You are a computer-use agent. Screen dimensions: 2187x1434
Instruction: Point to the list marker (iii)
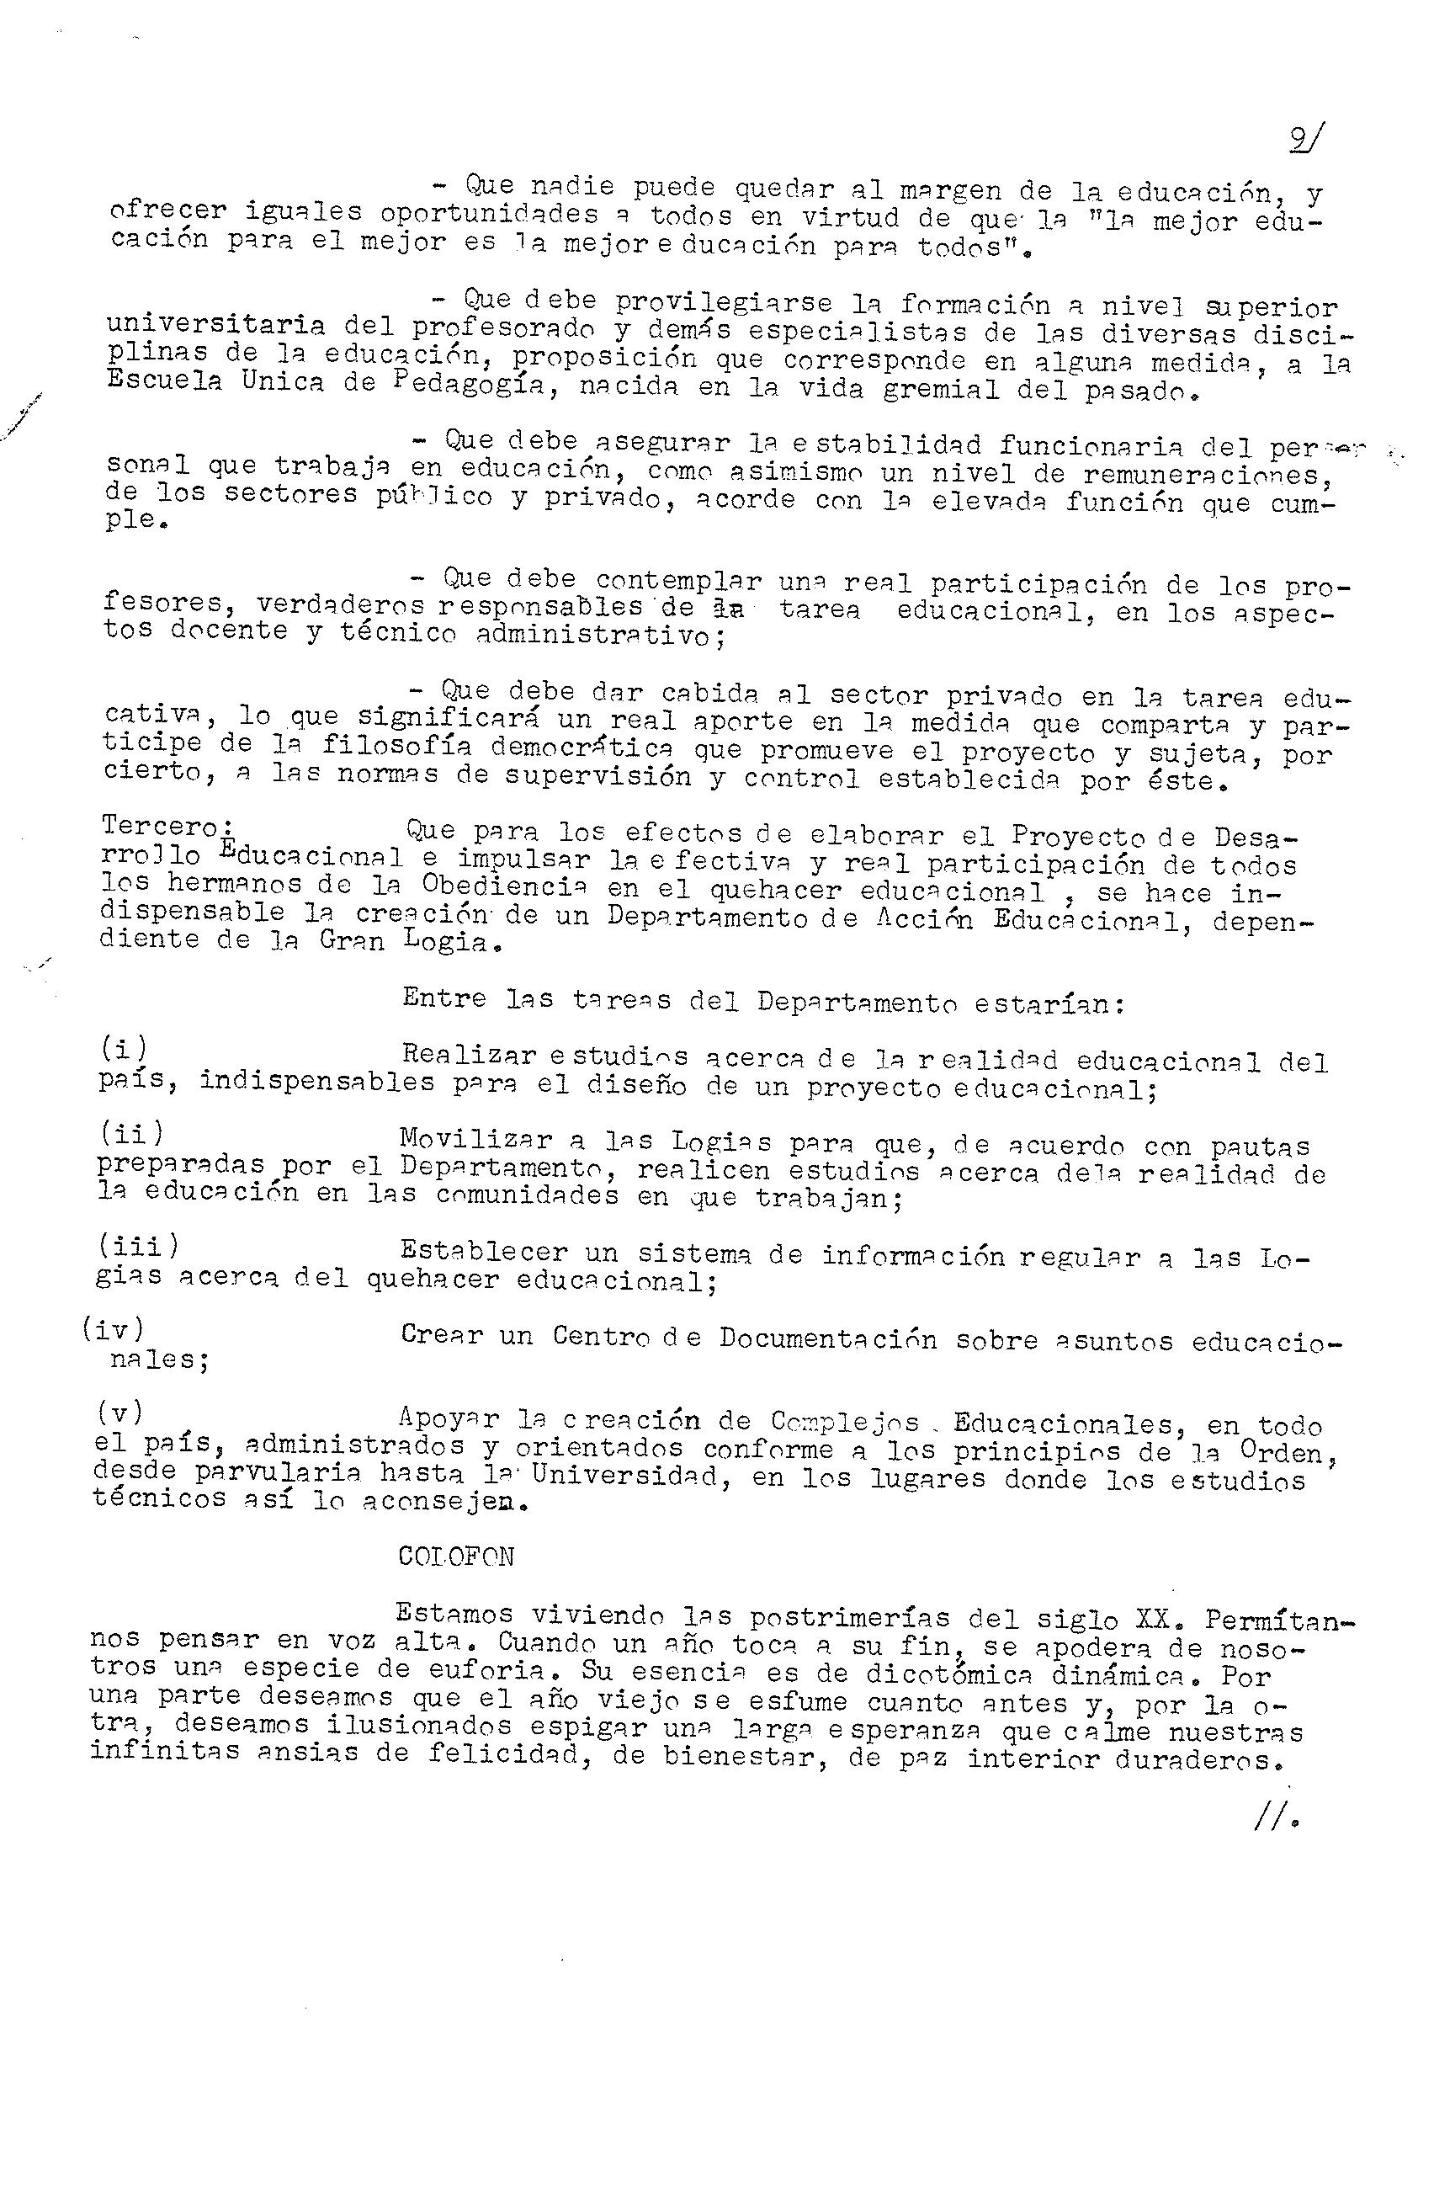point(139,1246)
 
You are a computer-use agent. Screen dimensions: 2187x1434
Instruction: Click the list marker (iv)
point(112,1328)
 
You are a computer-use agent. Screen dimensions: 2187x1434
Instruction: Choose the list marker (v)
point(119,1413)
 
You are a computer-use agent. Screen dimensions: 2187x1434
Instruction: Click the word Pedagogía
point(468,385)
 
